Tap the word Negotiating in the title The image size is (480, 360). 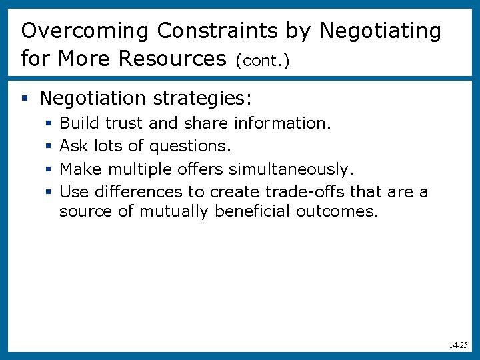point(380,31)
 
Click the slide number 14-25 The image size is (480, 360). point(458,346)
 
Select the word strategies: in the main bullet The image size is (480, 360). point(202,99)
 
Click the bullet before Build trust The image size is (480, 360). point(49,124)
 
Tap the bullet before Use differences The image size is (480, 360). point(49,193)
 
